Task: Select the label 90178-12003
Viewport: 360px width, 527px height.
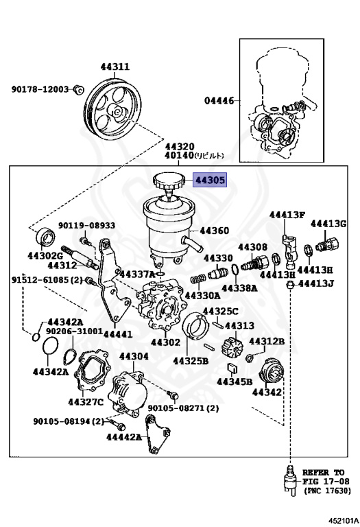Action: [40, 89]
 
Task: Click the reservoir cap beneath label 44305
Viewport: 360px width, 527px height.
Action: [166, 183]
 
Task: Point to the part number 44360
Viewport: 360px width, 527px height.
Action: [214, 231]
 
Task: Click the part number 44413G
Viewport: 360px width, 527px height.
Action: [328, 223]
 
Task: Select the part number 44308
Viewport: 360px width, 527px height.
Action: [252, 246]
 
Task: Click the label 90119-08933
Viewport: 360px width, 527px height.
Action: [86, 225]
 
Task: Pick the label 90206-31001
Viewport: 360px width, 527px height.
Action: [74, 331]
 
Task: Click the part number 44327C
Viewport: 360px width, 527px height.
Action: [85, 401]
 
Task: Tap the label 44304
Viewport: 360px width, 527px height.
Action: [133, 356]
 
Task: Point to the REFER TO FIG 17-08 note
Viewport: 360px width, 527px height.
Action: [323, 482]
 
